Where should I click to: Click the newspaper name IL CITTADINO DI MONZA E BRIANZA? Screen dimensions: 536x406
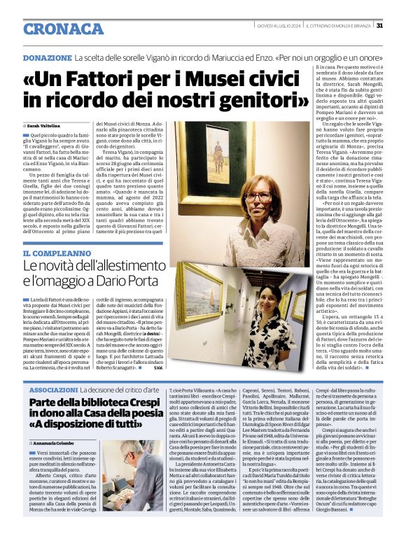[x=337, y=26]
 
